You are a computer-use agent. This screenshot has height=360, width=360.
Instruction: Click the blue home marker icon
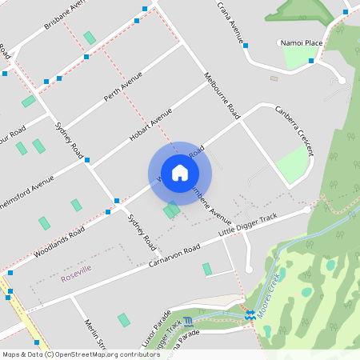point(180,173)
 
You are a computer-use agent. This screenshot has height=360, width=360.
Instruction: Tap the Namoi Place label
point(301,42)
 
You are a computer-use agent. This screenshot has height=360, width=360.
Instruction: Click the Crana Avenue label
point(230,19)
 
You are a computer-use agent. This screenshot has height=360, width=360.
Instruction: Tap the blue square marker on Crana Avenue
point(245,46)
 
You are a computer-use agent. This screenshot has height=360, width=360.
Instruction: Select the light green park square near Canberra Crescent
point(291,163)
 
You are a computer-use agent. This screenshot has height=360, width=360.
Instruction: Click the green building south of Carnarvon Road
point(207,269)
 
